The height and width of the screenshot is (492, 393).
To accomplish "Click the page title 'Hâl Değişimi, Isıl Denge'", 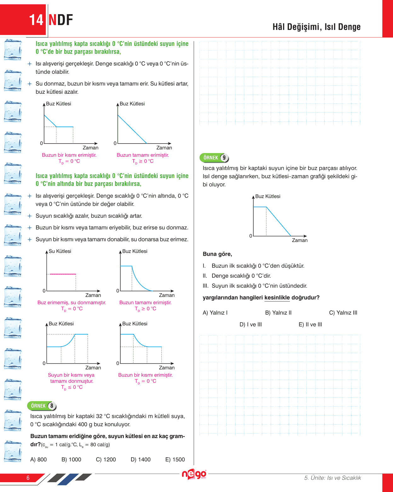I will tap(316, 27).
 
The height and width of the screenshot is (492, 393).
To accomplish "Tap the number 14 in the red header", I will tap(36, 20).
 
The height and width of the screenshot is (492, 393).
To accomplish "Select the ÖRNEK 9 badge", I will tap(214, 157).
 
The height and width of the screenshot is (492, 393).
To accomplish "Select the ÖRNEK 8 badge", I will tap(42, 406).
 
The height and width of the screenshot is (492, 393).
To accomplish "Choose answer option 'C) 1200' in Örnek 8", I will tap(106, 459).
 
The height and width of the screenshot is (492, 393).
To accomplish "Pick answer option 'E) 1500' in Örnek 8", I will tap(175, 459).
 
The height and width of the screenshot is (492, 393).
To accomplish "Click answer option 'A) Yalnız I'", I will tap(215, 313).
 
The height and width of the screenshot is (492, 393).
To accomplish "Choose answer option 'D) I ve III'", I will tap(251, 324).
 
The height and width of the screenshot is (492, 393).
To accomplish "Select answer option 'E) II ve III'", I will tap(310, 324).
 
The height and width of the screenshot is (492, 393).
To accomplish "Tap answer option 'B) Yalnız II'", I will tap(278, 313).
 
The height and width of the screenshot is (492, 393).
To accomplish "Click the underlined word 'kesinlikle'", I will tap(277, 298).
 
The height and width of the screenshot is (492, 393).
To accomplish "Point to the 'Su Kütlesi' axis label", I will tap(60, 251).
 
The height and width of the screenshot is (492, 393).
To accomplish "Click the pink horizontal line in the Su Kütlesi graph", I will tap(63, 274).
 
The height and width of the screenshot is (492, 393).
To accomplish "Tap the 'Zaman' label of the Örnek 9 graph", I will tap(299, 240).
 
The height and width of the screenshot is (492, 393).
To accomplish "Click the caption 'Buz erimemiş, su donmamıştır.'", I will tap(72, 302).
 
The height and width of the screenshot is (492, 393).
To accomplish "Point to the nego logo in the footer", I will tap(194, 474).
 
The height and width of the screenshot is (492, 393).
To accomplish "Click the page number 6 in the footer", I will tap(28, 478).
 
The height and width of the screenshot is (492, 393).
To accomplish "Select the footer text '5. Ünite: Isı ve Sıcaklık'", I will tap(332, 478).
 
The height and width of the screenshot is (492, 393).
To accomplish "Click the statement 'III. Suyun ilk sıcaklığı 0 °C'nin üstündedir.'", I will tap(255, 286).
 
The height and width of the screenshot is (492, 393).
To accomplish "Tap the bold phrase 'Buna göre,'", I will tap(217, 254).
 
